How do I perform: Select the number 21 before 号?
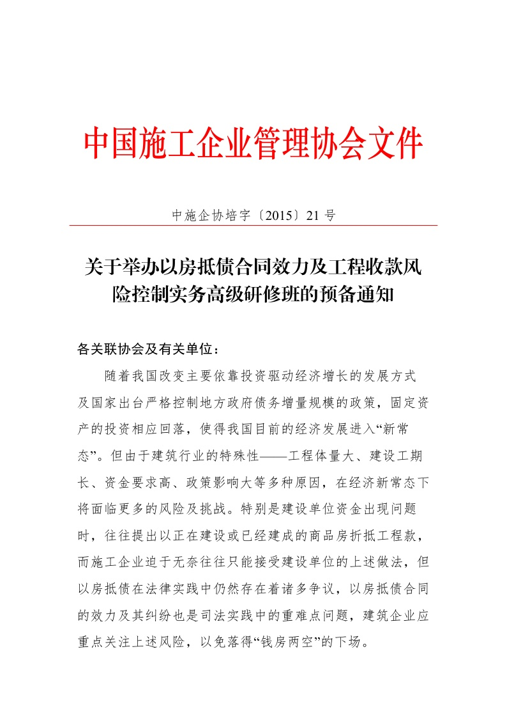tap(312, 216)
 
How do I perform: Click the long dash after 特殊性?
tap(272, 457)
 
